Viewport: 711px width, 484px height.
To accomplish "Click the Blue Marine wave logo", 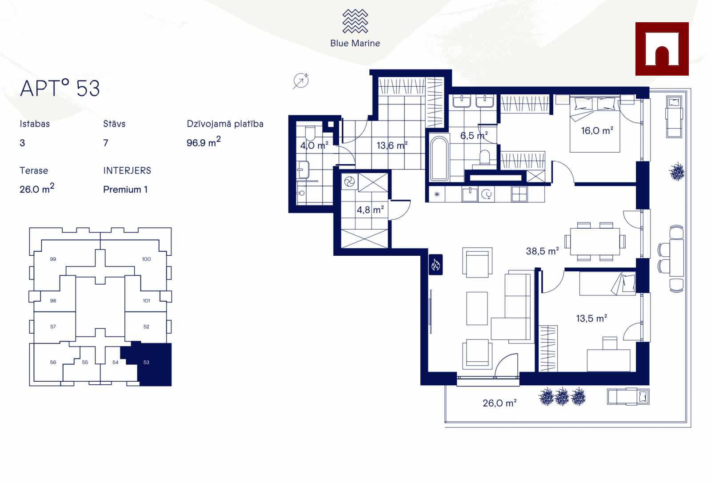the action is click(x=355, y=21).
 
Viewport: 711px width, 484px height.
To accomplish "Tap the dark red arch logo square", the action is click(x=662, y=49).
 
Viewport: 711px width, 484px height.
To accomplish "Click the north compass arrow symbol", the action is click(x=300, y=81).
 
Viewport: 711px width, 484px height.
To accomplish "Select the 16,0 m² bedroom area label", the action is click(x=597, y=131).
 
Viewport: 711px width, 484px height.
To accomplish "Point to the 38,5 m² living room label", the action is click(x=543, y=251).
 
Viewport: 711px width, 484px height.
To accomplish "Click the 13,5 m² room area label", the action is click(x=591, y=318).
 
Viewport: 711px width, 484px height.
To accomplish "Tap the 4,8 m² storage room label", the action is click(x=370, y=210).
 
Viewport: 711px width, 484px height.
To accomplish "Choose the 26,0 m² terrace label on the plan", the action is click(x=499, y=403).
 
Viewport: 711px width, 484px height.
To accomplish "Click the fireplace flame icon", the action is click(x=435, y=264).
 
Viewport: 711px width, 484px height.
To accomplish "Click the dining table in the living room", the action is click(x=595, y=242).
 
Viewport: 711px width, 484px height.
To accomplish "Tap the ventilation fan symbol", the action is click(x=349, y=182).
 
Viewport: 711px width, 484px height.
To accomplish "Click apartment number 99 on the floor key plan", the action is click(x=53, y=259).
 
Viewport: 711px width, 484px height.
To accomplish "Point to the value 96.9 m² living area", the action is click(x=204, y=142).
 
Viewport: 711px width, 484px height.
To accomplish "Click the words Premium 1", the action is click(x=125, y=190).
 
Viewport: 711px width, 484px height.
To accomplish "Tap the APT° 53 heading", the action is click(x=60, y=88).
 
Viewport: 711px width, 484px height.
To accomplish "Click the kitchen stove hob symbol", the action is click(x=519, y=194).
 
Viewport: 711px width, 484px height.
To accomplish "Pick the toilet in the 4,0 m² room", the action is click(x=310, y=133).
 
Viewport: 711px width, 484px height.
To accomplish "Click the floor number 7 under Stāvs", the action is click(x=106, y=143).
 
